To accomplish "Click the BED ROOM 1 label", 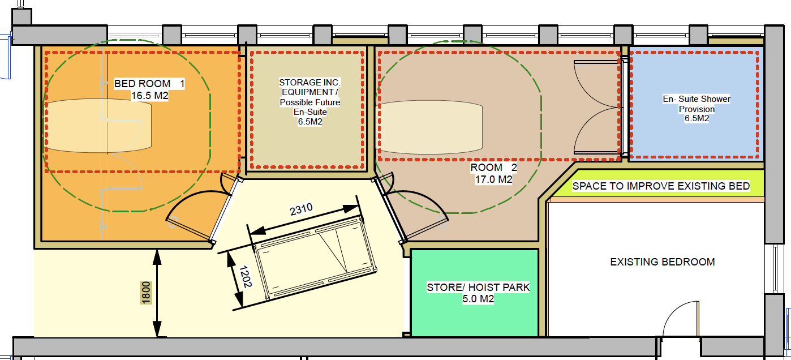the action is [x=149, y=84].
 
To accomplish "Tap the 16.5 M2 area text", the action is [x=149, y=96].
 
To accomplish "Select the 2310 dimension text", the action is [x=301, y=209].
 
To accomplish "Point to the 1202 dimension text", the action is [x=246, y=277].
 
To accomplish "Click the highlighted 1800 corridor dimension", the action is [x=146, y=293].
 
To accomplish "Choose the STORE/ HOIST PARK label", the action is [x=478, y=287].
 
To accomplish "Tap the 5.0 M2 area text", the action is [x=478, y=299].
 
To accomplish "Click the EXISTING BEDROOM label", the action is [x=663, y=262].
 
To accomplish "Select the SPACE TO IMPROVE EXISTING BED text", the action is [x=661, y=186].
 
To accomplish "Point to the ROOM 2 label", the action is [x=493, y=168].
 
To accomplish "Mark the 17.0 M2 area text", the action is [x=493, y=179].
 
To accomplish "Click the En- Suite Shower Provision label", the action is [x=697, y=104].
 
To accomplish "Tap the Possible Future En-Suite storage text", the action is [x=310, y=107].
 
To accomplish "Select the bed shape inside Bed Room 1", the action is [x=98, y=126].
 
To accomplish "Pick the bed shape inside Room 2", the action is [x=431, y=127].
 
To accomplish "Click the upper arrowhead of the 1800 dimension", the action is [x=157, y=257].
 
